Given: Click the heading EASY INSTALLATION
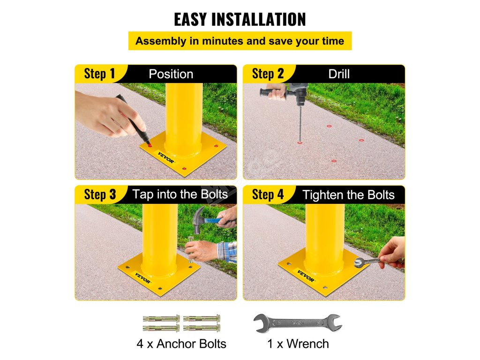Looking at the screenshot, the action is coord(240,19).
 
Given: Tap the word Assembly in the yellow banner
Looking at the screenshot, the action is coord(161,41).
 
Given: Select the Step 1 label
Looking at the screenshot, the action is coord(99,74).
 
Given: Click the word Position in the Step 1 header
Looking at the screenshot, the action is coord(171,74).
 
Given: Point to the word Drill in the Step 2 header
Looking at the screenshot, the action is coord(339,74).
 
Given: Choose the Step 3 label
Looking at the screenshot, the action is coord(100,195).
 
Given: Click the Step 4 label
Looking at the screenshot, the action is coord(268,195).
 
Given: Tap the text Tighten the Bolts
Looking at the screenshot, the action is coord(348,195).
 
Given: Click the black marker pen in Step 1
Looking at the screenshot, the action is coord(134,120).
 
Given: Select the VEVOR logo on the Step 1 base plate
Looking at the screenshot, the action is coord(166,157).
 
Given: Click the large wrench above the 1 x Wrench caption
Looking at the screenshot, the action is coord(298,323).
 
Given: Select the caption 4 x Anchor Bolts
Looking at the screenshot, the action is coord(181,344).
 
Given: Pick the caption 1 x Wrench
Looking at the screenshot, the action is coord(298,344).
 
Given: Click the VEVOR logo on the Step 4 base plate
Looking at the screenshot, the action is coord(306,276).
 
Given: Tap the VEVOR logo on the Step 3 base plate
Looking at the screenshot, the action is coord(142,278).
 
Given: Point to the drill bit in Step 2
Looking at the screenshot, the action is coord(300,124).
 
